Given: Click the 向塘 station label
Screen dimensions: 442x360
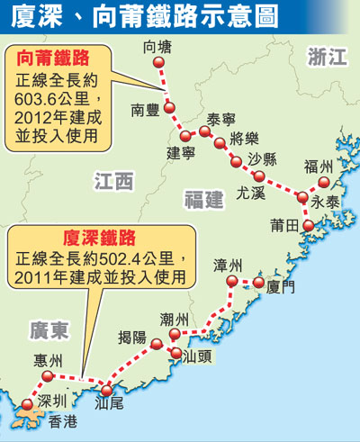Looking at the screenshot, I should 162,46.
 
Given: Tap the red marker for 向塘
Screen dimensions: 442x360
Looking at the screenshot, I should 160,63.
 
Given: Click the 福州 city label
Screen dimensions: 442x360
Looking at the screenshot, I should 319,167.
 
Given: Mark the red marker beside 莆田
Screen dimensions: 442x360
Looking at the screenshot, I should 309,225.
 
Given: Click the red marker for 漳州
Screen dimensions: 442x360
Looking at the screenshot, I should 231,282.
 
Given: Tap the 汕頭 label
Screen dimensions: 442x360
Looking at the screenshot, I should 197,356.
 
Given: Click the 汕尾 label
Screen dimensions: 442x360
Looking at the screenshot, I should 110,405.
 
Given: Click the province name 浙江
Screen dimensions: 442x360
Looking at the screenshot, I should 326,59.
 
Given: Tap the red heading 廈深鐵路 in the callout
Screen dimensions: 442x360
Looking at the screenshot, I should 99,238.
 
